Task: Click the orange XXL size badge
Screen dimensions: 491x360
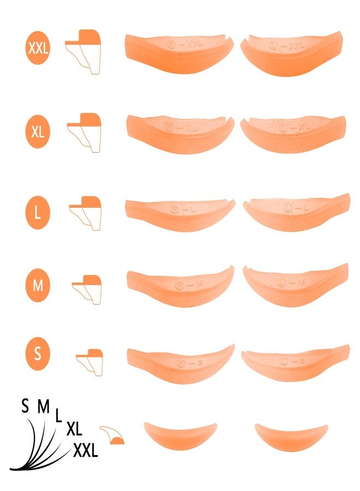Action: tap(38, 48)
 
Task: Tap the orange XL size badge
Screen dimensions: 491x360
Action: tap(38, 131)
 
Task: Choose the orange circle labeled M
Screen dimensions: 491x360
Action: tap(38, 284)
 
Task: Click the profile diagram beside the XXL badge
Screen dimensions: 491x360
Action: tap(84, 51)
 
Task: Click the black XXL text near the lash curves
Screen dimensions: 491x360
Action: tap(85, 450)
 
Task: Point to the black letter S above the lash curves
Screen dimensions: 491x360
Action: tap(25, 406)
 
